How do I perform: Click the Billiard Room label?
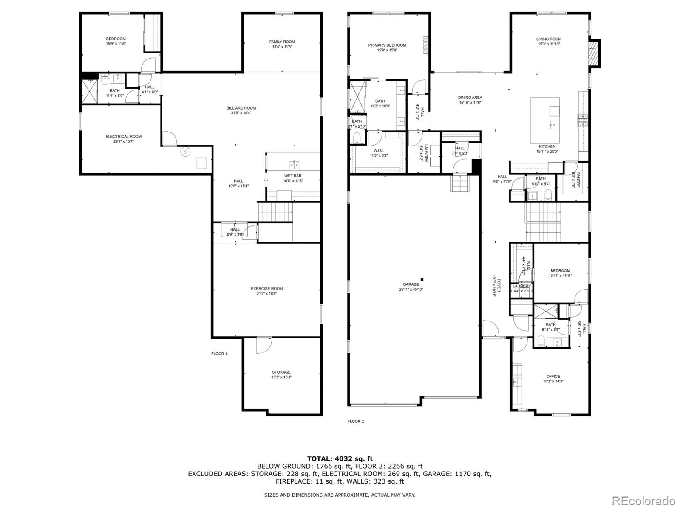pos(241,108)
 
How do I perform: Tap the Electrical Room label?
pos(123,136)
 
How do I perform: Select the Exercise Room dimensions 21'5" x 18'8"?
pos(266,293)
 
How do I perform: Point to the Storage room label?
pos(281,372)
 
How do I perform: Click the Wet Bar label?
pos(293,176)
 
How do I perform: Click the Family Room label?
pos(282,42)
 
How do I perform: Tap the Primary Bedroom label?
pos(387,45)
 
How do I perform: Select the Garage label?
pos(411,284)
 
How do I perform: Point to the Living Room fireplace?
pos(594,53)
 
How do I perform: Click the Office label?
pos(553,376)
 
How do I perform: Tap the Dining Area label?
pos(470,98)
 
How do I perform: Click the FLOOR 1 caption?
pos(219,354)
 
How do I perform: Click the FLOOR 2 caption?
pos(356,422)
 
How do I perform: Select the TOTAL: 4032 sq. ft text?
pos(340,458)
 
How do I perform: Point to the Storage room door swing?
pos(262,345)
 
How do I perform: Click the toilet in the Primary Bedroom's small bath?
pos(357,138)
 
